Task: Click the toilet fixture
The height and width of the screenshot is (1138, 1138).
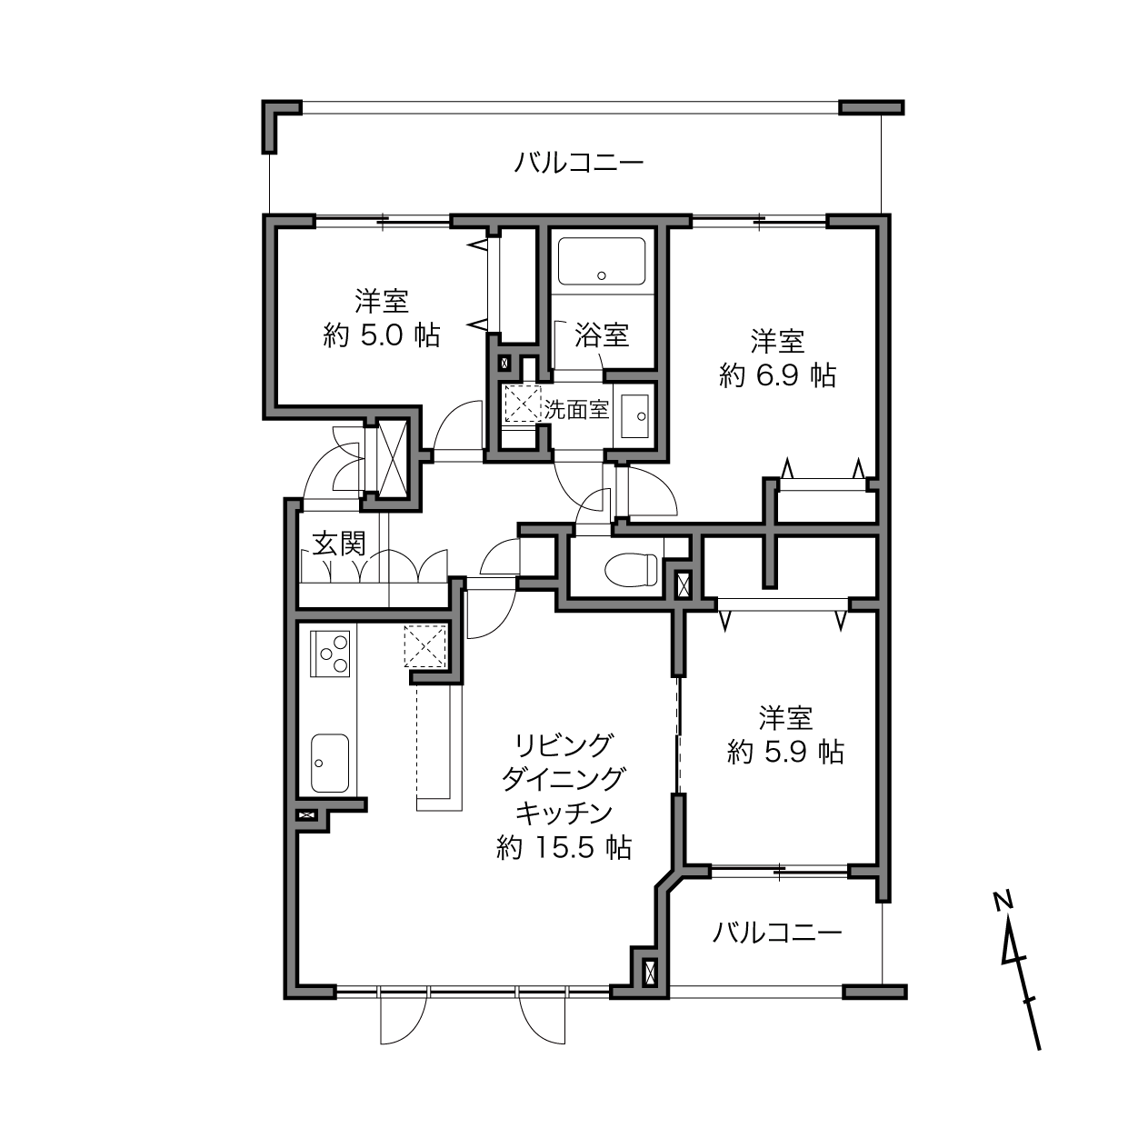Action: [631, 570]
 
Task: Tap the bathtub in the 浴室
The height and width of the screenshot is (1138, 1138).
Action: [602, 262]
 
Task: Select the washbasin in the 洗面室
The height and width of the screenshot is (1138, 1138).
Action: [635, 416]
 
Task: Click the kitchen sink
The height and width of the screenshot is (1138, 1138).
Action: [330, 763]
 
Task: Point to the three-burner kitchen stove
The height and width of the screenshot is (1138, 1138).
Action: [330, 654]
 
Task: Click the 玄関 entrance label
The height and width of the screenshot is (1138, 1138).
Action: [339, 544]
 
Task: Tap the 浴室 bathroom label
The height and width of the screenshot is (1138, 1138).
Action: [602, 335]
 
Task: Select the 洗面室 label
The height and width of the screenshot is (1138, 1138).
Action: [576, 409]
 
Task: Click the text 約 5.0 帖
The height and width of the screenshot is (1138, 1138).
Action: [382, 336]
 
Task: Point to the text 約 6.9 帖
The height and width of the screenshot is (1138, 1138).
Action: [778, 375]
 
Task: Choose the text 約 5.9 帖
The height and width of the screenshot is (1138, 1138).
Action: [786, 753]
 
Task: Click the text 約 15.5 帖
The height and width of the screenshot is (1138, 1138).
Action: [564, 847]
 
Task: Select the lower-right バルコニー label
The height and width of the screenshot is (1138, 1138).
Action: [776, 933]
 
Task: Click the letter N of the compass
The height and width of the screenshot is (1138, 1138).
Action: [1003, 900]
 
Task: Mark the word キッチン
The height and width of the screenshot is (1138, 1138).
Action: [564, 814]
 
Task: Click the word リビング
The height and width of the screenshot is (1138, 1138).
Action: [564, 745]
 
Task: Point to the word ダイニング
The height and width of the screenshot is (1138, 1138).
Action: [564, 779]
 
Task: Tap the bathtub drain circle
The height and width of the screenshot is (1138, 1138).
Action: [602, 275]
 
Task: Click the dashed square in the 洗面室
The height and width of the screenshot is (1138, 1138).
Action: [523, 404]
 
